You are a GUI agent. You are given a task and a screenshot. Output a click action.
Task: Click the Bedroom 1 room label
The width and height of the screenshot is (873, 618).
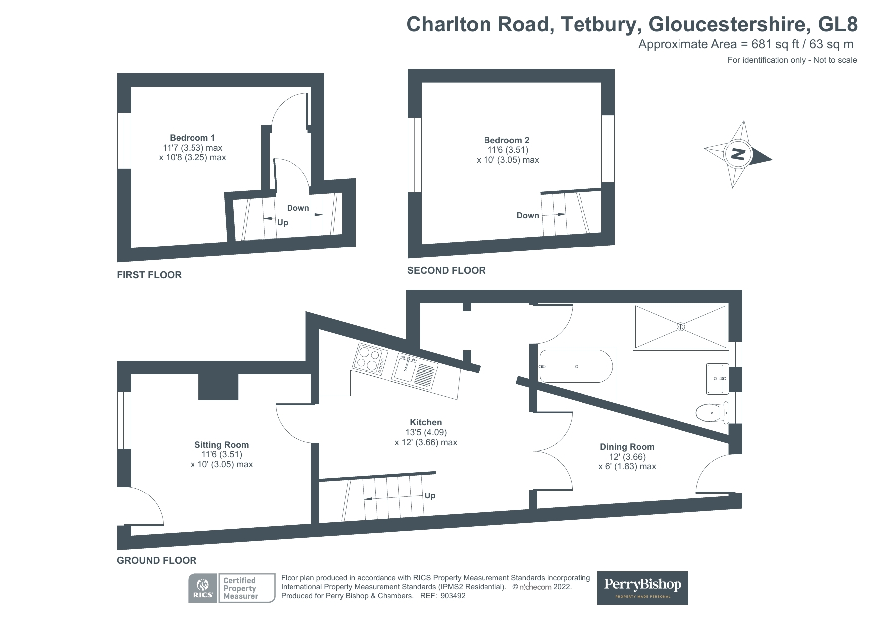192,138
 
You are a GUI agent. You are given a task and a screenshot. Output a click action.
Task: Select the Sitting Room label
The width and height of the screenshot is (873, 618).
221,445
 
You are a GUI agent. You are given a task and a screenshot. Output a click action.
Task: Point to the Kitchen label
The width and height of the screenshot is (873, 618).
426,422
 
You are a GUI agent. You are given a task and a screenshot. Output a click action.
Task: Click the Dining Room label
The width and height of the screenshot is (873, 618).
627,447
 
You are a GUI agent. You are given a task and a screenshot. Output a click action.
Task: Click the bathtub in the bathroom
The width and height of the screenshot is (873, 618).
576,367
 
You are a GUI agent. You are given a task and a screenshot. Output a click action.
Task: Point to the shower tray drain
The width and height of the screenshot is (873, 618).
680,327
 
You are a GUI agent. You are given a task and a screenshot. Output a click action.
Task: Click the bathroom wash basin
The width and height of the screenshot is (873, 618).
716,379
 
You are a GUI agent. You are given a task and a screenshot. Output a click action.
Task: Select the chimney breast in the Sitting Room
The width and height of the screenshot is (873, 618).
218,387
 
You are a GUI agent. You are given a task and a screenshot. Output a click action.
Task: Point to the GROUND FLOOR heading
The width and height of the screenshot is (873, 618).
157,560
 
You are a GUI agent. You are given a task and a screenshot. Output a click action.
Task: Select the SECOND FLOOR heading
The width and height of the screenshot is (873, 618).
446,270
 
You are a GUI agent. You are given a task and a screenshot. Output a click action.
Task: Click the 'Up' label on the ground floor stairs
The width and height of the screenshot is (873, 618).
430,495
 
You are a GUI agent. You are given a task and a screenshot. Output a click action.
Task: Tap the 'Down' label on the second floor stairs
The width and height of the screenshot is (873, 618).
528,215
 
